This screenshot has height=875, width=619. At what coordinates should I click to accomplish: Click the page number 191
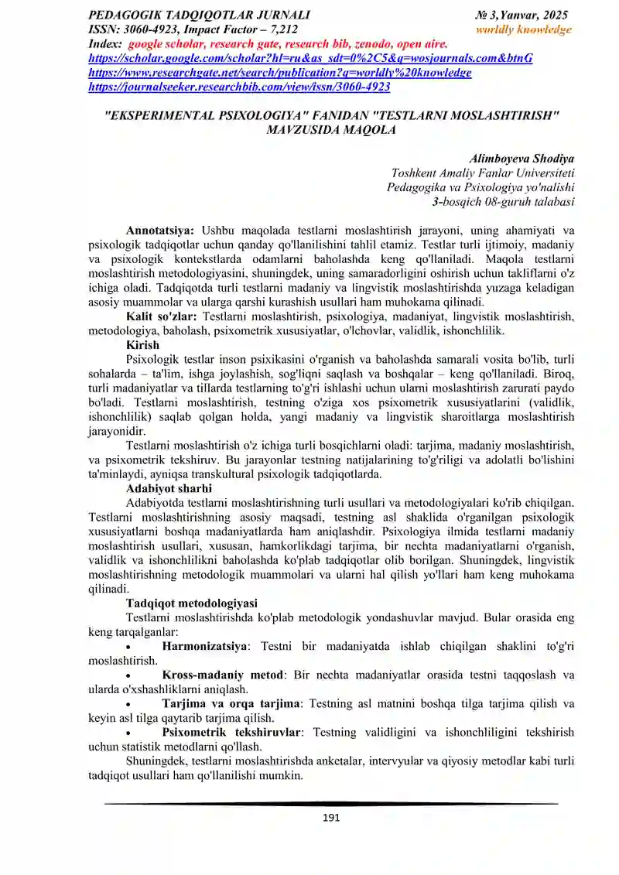[x=330, y=818]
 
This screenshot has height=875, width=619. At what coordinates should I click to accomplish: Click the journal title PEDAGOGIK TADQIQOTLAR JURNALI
[x=200, y=15]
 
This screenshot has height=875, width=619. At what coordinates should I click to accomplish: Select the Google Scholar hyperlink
[x=311, y=58]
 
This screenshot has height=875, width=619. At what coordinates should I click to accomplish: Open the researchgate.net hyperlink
[x=280, y=73]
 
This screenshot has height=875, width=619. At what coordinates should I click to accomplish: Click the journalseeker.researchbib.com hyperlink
[x=240, y=87]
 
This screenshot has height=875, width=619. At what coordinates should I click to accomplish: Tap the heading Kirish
[x=142, y=345]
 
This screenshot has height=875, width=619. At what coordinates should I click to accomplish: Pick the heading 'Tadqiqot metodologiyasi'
[x=191, y=603]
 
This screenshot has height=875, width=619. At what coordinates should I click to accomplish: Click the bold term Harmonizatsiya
[x=204, y=646]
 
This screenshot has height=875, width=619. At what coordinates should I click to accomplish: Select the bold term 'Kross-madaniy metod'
[x=223, y=675]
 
